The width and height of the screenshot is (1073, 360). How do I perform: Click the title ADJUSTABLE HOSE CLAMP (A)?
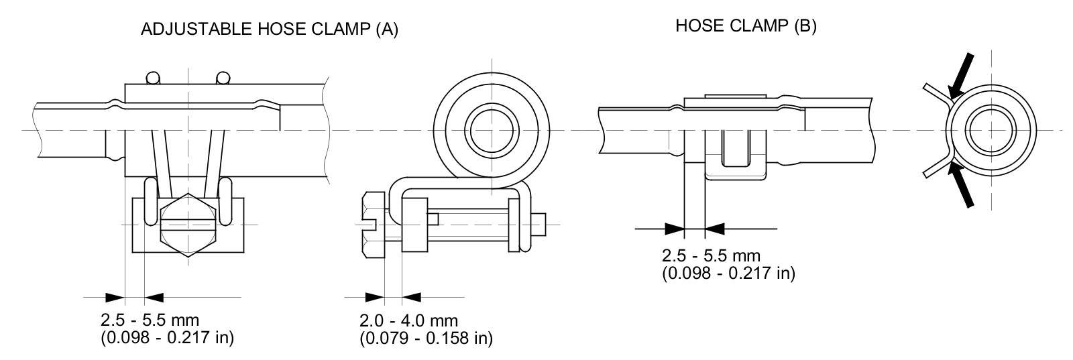tap(269, 29)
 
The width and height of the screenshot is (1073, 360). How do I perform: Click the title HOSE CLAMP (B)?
tap(745, 26)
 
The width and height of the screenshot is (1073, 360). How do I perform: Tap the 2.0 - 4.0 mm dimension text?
tap(408, 320)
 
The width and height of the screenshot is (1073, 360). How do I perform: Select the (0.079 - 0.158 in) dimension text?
tap(426, 338)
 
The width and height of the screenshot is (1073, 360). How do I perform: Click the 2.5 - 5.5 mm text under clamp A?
tap(150, 320)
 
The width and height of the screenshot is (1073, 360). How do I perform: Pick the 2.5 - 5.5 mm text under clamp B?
tap(711, 256)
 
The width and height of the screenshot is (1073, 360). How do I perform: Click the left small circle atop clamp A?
tap(154, 78)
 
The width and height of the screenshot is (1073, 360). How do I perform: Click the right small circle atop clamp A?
tap(223, 78)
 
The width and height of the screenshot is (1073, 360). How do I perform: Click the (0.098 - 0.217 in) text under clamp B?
tap(728, 273)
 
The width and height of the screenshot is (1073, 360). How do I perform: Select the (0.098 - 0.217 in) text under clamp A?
tap(167, 337)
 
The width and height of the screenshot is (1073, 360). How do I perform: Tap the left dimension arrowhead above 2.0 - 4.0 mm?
tap(375, 296)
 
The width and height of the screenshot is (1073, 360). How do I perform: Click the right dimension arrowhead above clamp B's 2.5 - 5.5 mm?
tap(716, 229)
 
